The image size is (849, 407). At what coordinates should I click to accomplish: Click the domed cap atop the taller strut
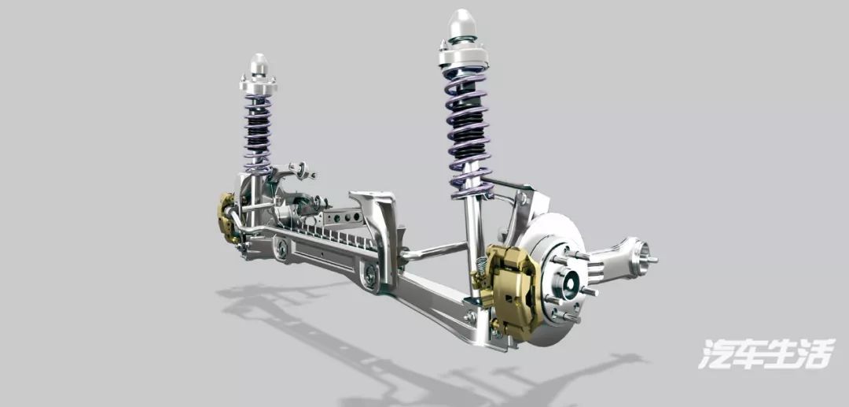point(462,24)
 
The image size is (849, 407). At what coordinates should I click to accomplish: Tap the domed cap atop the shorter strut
point(259,65)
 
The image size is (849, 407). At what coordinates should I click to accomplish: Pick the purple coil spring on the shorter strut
point(258,133)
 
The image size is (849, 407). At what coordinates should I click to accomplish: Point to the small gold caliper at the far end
point(227,217)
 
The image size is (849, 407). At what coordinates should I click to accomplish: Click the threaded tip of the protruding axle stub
point(652,260)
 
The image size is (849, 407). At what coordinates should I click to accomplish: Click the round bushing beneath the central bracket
point(370,275)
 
